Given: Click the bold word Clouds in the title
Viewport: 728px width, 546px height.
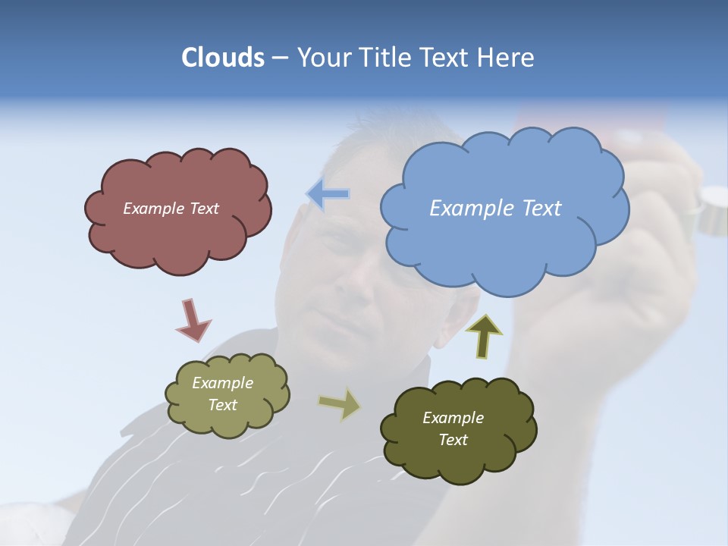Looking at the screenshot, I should [x=223, y=58].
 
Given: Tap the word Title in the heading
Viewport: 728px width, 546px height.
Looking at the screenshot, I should [x=384, y=58].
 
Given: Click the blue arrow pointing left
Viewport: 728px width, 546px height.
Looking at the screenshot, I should [x=328, y=194].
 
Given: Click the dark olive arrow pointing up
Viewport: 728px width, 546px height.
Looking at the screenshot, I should [x=484, y=336].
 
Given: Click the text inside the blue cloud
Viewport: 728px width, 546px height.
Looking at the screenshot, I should [x=495, y=208].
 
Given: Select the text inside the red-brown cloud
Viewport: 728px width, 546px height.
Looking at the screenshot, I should [x=171, y=209].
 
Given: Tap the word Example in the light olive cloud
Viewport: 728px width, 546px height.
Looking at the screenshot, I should [x=222, y=383].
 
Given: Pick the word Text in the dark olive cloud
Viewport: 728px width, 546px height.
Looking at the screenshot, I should [x=453, y=440].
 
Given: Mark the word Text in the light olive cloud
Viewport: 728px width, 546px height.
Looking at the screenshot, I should [x=222, y=405].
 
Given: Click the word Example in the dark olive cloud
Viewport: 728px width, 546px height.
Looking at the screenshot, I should [x=453, y=418].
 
